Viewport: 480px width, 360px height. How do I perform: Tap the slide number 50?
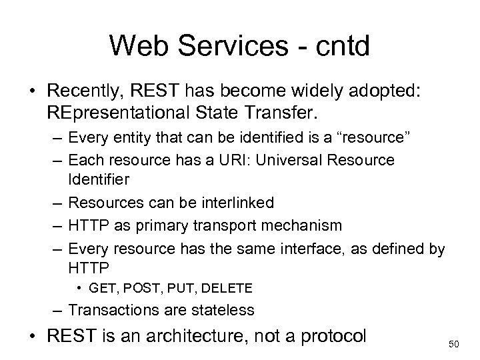pos(455,343)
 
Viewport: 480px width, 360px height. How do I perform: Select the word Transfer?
pos(283,113)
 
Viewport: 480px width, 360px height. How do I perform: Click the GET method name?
pos(103,288)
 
